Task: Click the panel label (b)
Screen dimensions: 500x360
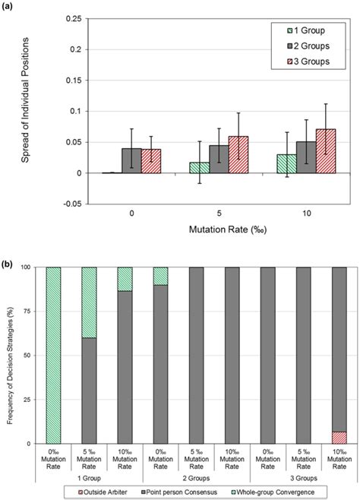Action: pyautogui.click(x=7, y=257)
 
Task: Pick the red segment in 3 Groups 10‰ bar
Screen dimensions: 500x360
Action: pyautogui.click(x=328, y=437)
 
